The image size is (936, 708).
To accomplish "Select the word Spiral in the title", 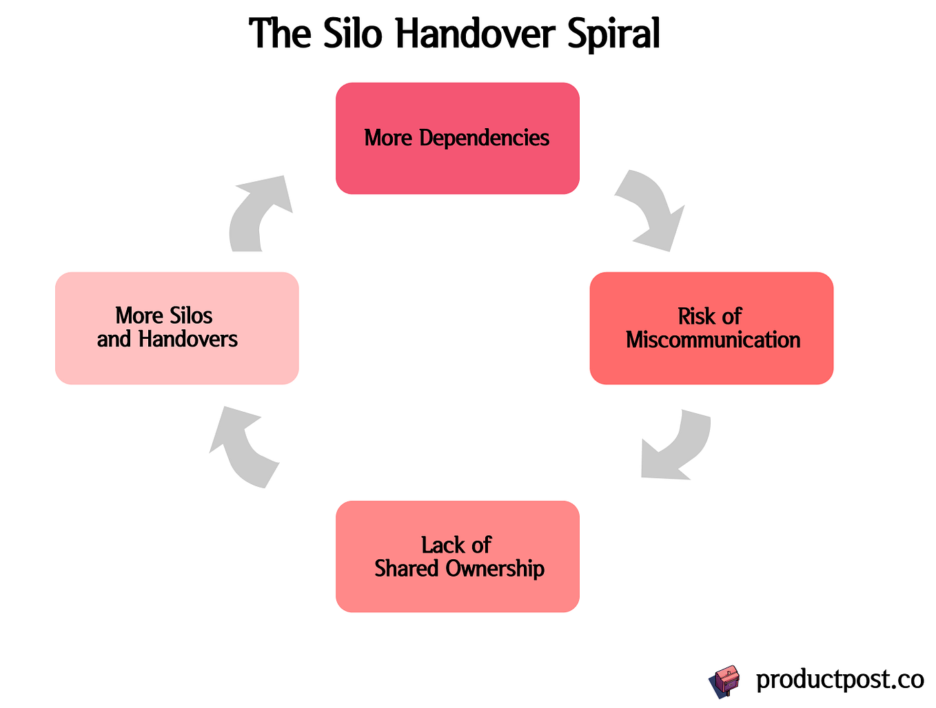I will [614, 33].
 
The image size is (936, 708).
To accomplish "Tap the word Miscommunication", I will [713, 340].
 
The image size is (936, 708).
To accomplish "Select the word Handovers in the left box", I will [187, 339].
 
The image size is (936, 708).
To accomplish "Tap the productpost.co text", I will [840, 680].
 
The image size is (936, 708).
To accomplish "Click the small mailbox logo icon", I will [724, 682].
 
